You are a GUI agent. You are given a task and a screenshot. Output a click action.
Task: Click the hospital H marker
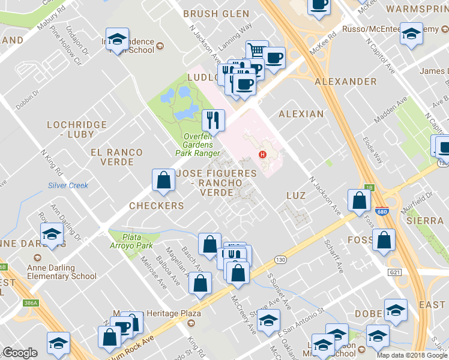262,155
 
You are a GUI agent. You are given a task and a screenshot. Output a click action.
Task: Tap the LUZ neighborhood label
296,196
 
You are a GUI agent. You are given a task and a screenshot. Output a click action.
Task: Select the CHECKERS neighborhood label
157,206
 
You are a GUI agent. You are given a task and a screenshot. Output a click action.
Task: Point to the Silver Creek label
68,185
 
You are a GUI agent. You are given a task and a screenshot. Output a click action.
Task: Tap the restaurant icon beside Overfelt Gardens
213,120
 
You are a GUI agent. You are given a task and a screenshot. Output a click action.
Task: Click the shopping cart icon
257,51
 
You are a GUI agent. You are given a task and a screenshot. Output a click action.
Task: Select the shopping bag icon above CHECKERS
163,180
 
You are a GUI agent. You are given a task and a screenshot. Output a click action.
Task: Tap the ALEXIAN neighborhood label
301,113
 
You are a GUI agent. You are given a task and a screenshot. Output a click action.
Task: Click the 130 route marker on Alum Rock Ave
280,260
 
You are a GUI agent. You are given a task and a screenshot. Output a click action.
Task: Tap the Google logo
20,353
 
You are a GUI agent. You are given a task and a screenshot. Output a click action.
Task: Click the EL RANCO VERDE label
116,158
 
